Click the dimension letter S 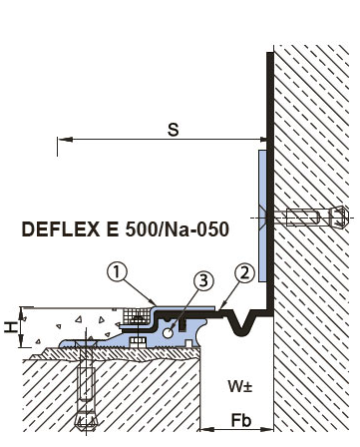[x=174, y=130]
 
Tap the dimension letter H [x=11, y=327]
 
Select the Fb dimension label [x=241, y=420]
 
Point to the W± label [x=239, y=386]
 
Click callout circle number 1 [x=117, y=272]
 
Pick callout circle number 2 [x=244, y=273]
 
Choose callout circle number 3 [x=203, y=281]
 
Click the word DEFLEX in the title [x=61, y=229]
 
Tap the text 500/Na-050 [x=178, y=229]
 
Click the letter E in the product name [x=113, y=229]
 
